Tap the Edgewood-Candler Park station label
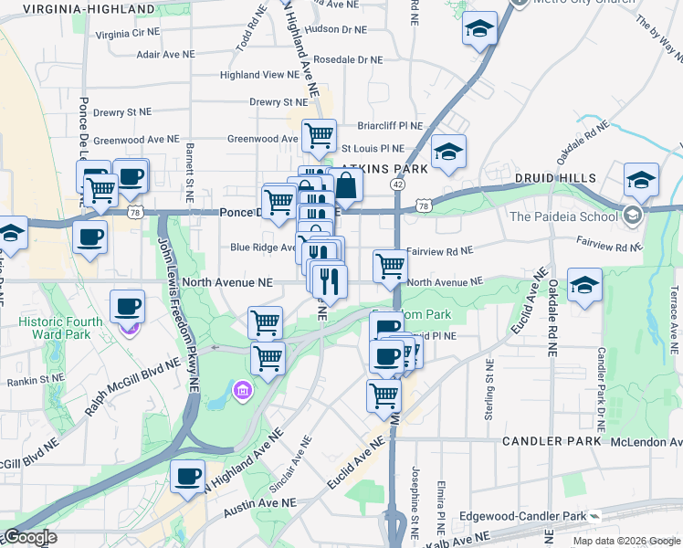point(536,516)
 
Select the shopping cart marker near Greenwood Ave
point(319,135)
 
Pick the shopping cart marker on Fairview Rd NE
point(390,266)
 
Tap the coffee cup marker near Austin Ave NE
point(188,476)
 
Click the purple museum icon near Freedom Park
point(242,391)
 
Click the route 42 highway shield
point(398,184)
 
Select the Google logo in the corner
point(30,537)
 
